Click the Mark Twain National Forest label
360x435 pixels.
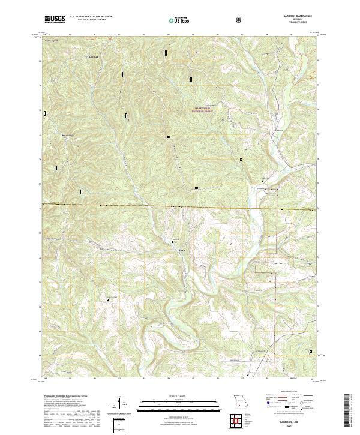coord(203,110)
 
